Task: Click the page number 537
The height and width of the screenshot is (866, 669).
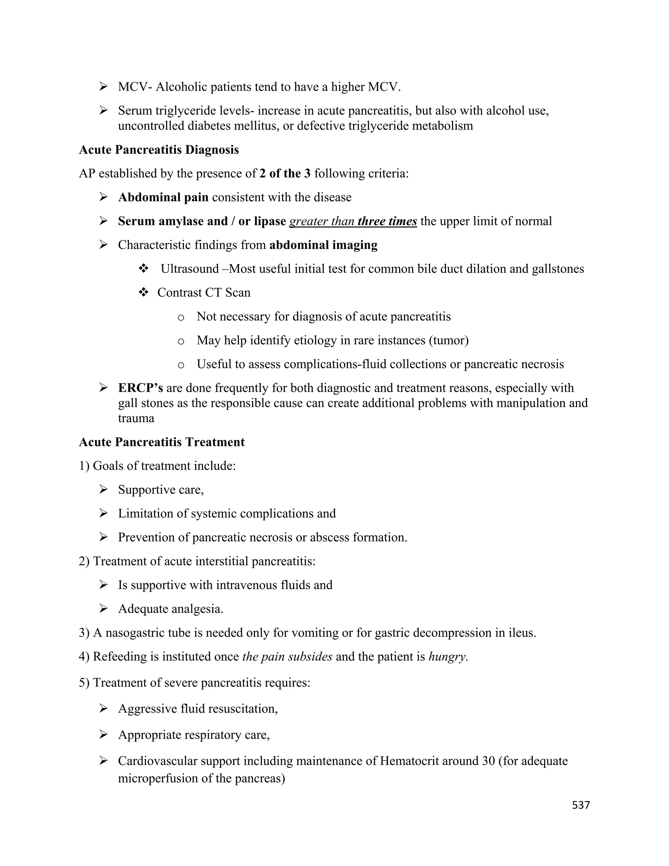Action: click(x=580, y=805)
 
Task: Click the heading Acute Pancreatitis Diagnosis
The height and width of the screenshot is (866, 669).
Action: click(x=159, y=150)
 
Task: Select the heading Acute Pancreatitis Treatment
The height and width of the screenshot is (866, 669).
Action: click(x=162, y=442)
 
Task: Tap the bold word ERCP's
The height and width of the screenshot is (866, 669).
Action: click(x=140, y=388)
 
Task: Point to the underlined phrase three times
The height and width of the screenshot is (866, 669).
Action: click(x=387, y=221)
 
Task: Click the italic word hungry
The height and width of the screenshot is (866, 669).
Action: click(x=448, y=657)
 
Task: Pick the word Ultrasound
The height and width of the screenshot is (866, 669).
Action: click(x=189, y=269)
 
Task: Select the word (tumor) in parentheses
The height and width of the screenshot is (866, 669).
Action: click(x=449, y=340)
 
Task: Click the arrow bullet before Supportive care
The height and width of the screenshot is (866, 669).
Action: click(x=104, y=490)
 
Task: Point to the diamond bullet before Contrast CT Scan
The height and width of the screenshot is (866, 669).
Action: click(x=143, y=292)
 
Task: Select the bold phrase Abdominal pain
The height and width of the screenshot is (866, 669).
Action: click(x=163, y=197)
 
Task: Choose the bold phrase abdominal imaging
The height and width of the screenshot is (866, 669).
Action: click(x=323, y=245)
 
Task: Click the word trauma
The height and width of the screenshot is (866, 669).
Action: click(x=136, y=418)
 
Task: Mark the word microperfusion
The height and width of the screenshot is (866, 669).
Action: click(x=158, y=778)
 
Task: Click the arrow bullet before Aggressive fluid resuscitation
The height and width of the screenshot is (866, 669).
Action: click(x=104, y=708)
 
